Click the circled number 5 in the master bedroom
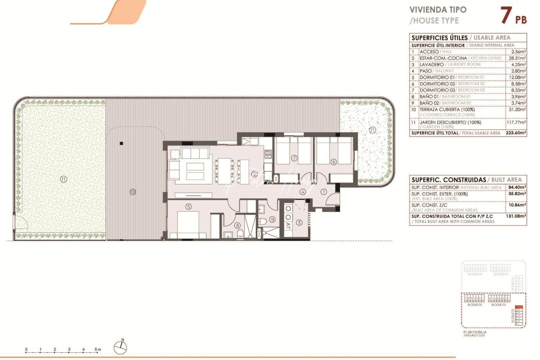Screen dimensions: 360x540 tap(189, 207)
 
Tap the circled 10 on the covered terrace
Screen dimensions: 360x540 tap(133, 192)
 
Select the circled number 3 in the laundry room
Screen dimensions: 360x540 tap(299, 223)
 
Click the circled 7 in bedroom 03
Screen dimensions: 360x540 tap(294, 158)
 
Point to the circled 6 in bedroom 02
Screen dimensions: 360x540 tap(334, 162)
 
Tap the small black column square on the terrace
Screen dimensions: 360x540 tap(121, 144)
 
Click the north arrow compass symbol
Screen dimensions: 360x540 tap(120, 348)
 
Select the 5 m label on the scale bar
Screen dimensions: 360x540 tap(97, 350)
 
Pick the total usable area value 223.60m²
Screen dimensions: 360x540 tap(516, 133)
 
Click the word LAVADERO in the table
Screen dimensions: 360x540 tap(431, 64)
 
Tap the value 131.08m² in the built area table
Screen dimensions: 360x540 tap(516, 216)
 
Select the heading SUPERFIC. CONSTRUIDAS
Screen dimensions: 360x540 tap(449, 180)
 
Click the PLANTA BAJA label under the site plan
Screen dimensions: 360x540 tap(475, 332)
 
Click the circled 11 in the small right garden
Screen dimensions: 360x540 tap(372, 130)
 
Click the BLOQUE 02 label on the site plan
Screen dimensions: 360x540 tap(498, 305)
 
